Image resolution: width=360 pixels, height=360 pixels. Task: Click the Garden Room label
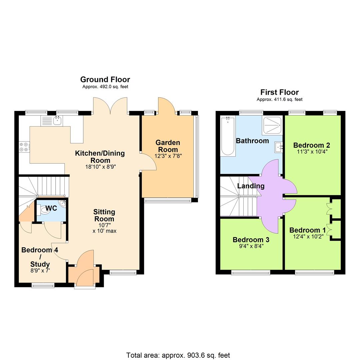(x=168, y=146)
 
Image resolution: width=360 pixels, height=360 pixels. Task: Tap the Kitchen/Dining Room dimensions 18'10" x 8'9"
(x=100, y=167)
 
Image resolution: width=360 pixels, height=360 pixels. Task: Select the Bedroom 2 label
(x=312, y=145)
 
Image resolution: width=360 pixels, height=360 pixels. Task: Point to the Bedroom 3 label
(x=251, y=240)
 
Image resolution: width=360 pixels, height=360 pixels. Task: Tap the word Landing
(x=251, y=186)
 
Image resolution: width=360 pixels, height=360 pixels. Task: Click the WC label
(x=51, y=208)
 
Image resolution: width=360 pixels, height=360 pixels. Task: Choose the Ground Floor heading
(x=105, y=79)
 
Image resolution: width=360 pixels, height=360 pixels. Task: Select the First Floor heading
(x=279, y=92)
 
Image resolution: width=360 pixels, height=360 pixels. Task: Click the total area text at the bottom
(x=178, y=355)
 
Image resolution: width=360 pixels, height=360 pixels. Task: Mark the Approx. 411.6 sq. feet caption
(x=279, y=99)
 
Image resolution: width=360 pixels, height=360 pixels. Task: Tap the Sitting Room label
(x=104, y=215)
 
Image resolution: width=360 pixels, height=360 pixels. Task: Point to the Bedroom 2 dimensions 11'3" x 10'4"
(x=312, y=152)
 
